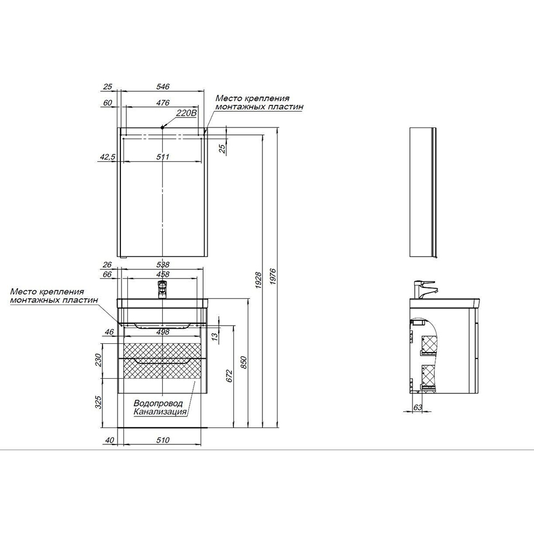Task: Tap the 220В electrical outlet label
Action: coord(187,113)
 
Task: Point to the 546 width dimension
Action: coord(163,87)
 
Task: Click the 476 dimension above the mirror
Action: coord(163,102)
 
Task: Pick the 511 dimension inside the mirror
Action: coord(163,157)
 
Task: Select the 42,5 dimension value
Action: coord(108,157)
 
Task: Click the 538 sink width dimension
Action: coord(163,264)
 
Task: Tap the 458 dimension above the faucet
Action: coord(163,274)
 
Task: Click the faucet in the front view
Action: coord(163,290)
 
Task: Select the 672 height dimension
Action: coord(230,376)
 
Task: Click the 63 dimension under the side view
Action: coord(418,407)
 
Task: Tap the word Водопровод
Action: coord(158,403)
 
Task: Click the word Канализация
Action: coord(160,412)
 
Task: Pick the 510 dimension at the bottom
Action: coord(163,440)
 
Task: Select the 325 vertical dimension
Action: coord(98,403)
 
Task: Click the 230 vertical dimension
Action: coord(98,360)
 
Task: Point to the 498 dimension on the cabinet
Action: coord(163,332)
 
